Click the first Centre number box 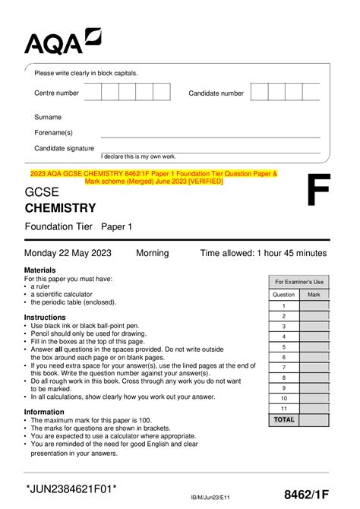[93, 93]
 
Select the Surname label [48, 117]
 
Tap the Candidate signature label [65, 148]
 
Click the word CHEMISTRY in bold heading [61, 207]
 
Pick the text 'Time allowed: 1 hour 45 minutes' [263, 253]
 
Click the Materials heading [40, 270]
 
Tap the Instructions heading [45, 317]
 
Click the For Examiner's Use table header [298, 281]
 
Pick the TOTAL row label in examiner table [283, 419]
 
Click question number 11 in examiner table [283, 408]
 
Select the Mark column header [314, 294]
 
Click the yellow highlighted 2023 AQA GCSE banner [153, 178]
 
